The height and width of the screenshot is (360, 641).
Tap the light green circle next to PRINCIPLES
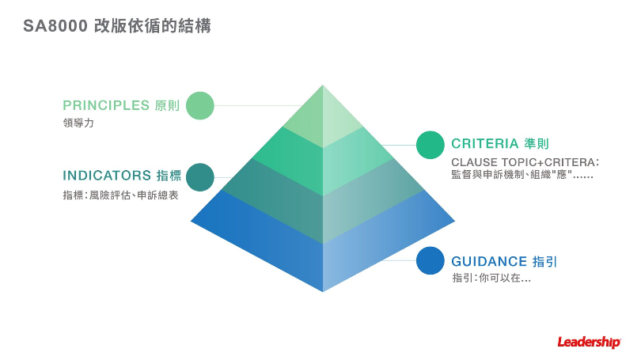[201, 105]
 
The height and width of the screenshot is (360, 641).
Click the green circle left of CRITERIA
[430, 145]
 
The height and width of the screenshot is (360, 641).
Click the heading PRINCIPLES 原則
[121, 105]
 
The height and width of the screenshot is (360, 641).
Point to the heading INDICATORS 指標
[122, 176]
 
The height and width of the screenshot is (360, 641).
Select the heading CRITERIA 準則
[500, 144]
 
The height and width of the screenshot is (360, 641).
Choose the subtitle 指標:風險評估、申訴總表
[120, 195]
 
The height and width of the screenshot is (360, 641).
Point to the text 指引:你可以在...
[491, 279]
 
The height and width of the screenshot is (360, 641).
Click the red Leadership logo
[589, 342]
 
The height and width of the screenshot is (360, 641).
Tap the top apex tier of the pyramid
[323, 119]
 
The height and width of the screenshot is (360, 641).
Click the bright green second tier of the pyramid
[323, 162]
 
